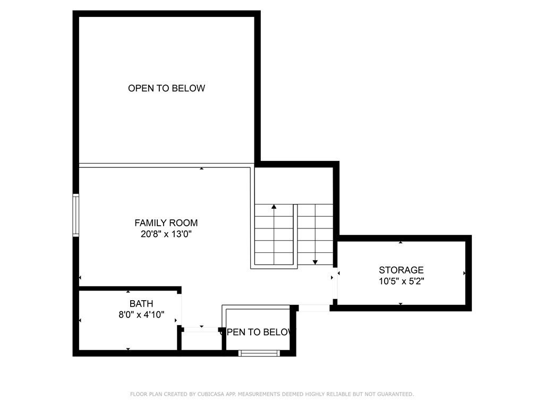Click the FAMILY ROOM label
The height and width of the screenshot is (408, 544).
click(166, 223)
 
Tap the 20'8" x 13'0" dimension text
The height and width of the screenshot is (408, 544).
click(166, 234)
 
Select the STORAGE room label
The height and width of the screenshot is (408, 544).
click(401, 270)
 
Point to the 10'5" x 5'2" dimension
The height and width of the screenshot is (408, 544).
click(401, 281)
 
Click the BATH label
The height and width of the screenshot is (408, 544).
click(141, 303)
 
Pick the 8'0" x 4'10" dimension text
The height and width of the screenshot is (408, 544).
click(141, 314)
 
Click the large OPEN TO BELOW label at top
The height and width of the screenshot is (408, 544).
click(166, 88)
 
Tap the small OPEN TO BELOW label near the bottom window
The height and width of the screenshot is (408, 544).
click(259, 332)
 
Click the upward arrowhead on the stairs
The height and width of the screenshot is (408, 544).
click(274, 207)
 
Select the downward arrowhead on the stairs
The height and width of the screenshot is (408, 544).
click(315, 262)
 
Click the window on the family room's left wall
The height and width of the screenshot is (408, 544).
click(75, 215)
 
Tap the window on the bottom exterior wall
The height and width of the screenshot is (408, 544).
click(259, 353)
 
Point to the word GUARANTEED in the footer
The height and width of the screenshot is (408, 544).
click(395, 394)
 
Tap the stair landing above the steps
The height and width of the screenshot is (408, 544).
click(293, 185)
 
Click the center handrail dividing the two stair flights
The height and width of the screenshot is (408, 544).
click(295, 236)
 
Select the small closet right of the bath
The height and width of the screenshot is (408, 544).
click(201, 341)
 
